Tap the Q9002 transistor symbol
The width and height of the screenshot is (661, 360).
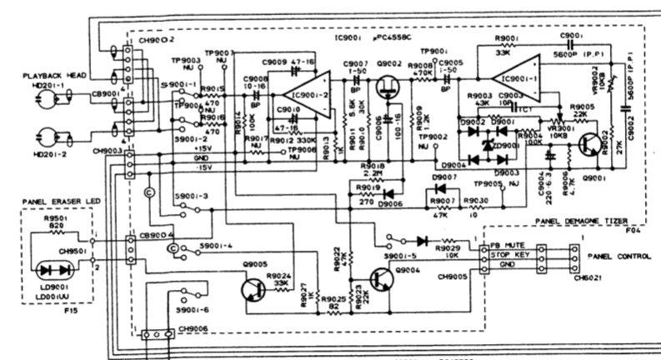(386, 88)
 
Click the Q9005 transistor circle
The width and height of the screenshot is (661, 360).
(251, 289)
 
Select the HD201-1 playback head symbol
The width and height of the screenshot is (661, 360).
(44, 101)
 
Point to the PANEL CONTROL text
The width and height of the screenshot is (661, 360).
(617, 257)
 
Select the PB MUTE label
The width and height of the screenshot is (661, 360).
(505, 247)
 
